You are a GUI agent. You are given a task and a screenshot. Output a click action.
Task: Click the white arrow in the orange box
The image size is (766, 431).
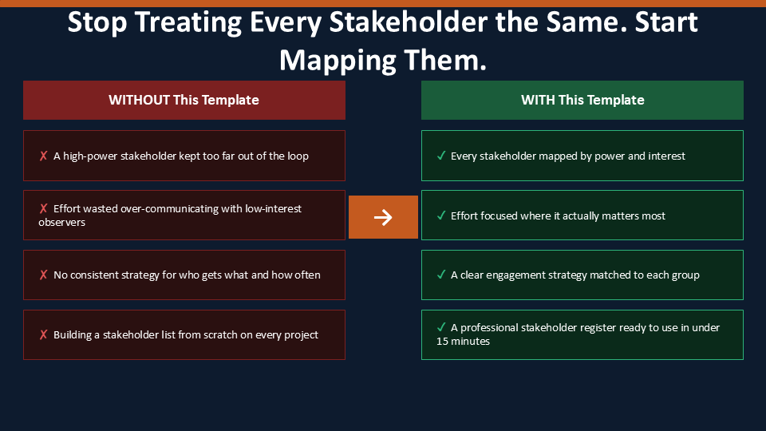[383, 217]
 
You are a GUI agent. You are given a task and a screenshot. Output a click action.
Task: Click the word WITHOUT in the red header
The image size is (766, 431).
[139, 100]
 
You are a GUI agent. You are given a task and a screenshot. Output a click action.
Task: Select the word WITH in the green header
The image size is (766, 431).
[538, 100]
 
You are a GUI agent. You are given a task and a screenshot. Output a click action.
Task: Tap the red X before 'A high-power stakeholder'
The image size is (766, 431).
[43, 156]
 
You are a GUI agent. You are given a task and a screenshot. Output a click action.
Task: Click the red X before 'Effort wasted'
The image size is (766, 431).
[43, 208]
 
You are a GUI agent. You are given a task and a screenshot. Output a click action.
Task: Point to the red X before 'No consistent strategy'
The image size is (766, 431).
[43, 275]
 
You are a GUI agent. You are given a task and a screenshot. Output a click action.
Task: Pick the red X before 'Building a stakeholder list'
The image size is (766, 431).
[43, 334]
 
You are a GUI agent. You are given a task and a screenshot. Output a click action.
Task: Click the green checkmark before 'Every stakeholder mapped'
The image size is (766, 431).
[441, 156]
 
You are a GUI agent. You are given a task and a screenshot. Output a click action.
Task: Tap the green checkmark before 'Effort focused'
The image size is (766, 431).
[441, 215]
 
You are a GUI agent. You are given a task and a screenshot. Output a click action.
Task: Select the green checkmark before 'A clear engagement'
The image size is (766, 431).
[441, 275]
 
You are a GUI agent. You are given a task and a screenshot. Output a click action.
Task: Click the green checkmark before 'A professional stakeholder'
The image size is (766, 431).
[441, 327]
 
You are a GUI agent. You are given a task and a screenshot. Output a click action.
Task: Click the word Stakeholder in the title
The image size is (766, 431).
[408, 22]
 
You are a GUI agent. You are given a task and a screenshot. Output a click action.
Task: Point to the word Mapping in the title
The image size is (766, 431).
[338, 61]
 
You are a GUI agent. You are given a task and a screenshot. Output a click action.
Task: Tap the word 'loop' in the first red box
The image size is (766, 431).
[298, 156]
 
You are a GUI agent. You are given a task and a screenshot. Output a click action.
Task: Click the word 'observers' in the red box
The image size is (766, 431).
[61, 223]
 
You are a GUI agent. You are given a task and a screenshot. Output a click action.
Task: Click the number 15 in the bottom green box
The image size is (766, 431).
[442, 341]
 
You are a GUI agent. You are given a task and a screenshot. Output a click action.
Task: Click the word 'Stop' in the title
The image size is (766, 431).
[97, 22]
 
